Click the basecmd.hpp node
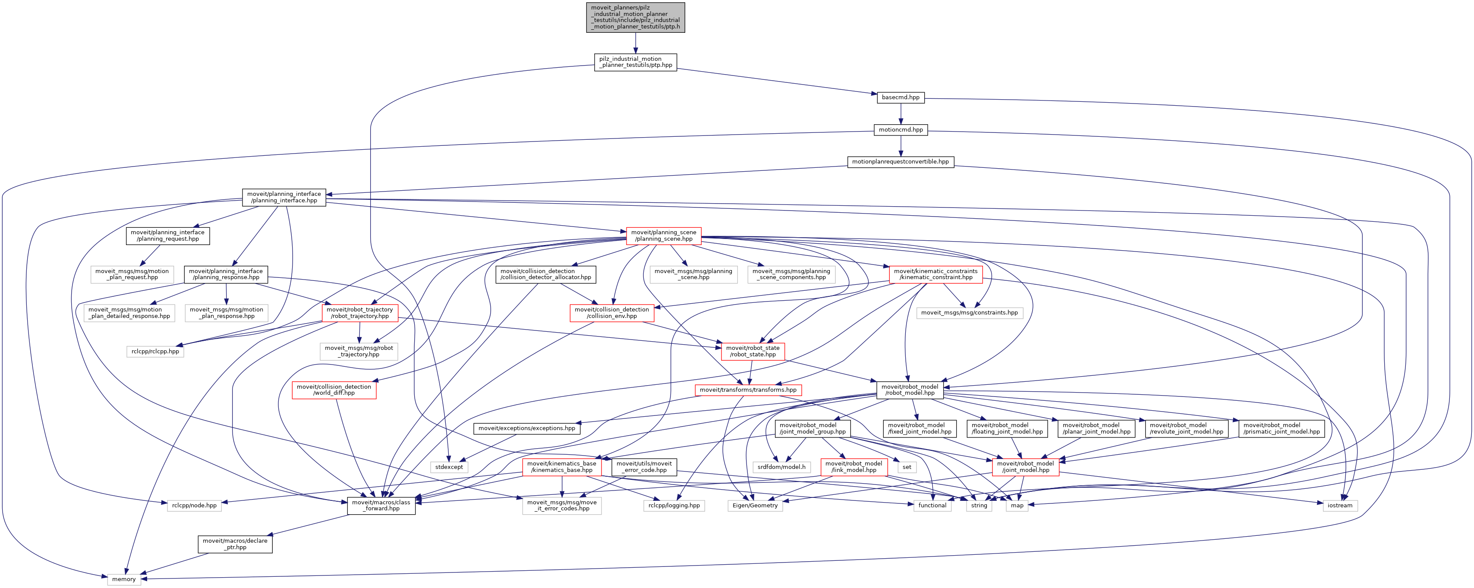[900, 97]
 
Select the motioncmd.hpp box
[901, 130]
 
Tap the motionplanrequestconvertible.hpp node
[900, 162]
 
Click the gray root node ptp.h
[635, 17]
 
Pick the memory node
[123, 579]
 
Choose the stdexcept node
[449, 467]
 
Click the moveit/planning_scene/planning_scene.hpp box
[664, 236]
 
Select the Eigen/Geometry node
[755, 505]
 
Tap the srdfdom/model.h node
[781, 467]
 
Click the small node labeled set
[907, 467]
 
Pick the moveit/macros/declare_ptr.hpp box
[235, 544]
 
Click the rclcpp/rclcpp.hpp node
[155, 351]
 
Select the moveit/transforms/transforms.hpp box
[748, 390]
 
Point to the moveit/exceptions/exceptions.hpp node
[526, 428]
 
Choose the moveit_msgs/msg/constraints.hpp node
[969, 313]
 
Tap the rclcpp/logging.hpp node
[674, 505]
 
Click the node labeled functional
[932, 505]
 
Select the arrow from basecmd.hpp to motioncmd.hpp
[901, 113]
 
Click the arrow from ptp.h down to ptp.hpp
[635, 43]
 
